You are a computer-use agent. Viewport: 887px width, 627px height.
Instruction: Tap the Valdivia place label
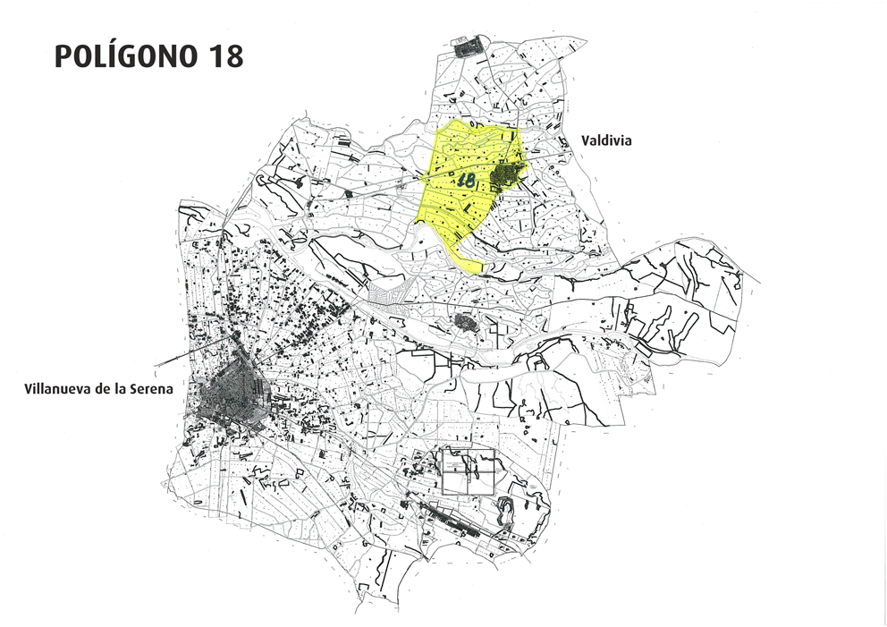606,140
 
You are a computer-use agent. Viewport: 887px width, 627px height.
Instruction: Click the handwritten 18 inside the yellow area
466,180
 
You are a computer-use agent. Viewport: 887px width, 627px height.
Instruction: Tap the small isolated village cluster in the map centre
467,321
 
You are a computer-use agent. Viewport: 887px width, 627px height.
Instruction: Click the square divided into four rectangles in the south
469,470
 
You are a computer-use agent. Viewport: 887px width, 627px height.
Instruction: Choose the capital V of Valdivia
586,140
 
